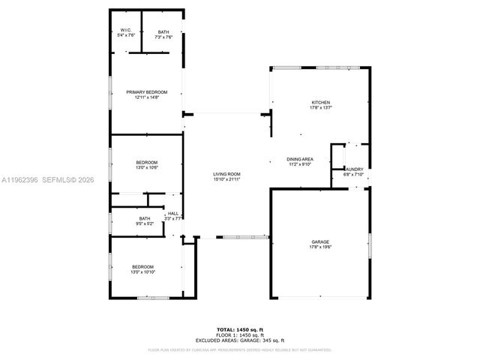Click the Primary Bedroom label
[146, 92]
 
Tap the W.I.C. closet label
[126, 31]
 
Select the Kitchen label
[321, 103]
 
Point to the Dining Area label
[299, 159]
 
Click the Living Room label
[226, 174]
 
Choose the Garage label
[320, 241]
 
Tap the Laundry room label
[353, 169]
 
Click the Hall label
[172, 214]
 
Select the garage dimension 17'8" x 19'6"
[320, 247]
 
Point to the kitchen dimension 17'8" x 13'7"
[321, 108]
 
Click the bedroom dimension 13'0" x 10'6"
[146, 168]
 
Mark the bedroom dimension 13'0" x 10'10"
[142, 272]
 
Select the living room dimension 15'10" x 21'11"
[226, 179]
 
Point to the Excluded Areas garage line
[239, 340]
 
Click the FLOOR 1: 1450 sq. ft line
[239, 334]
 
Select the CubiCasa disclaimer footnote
[239, 349]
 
